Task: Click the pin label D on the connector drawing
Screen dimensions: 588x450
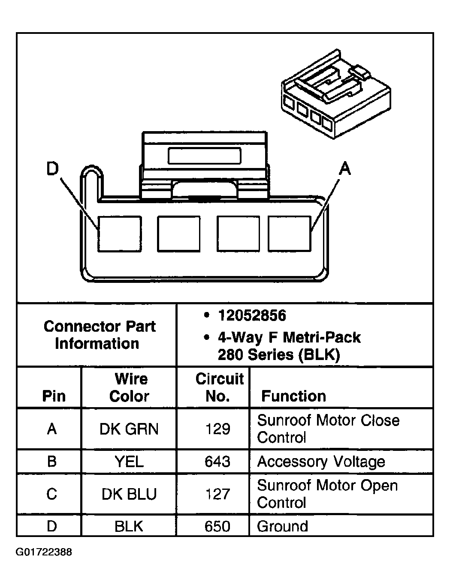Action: (x=52, y=169)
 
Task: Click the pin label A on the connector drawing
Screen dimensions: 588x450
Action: (x=344, y=169)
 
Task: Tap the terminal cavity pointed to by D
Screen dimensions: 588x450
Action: (x=119, y=234)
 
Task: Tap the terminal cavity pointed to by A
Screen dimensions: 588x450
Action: (x=290, y=234)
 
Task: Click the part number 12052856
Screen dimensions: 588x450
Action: (x=252, y=316)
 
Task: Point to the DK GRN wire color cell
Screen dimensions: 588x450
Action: (x=129, y=429)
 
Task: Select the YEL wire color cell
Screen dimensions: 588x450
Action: (x=129, y=462)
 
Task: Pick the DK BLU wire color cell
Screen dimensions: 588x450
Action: (x=129, y=494)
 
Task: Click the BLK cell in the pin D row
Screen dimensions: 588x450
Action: (x=129, y=526)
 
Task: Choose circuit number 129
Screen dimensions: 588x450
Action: (x=217, y=429)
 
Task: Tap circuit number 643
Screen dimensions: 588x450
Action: (x=217, y=462)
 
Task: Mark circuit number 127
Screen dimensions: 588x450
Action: (x=217, y=494)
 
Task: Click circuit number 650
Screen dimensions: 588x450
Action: (x=217, y=526)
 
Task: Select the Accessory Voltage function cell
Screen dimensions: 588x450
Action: (x=321, y=462)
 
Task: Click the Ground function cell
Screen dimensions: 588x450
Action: (x=282, y=526)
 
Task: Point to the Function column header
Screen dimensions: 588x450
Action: (x=293, y=396)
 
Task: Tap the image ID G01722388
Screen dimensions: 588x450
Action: (x=44, y=552)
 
